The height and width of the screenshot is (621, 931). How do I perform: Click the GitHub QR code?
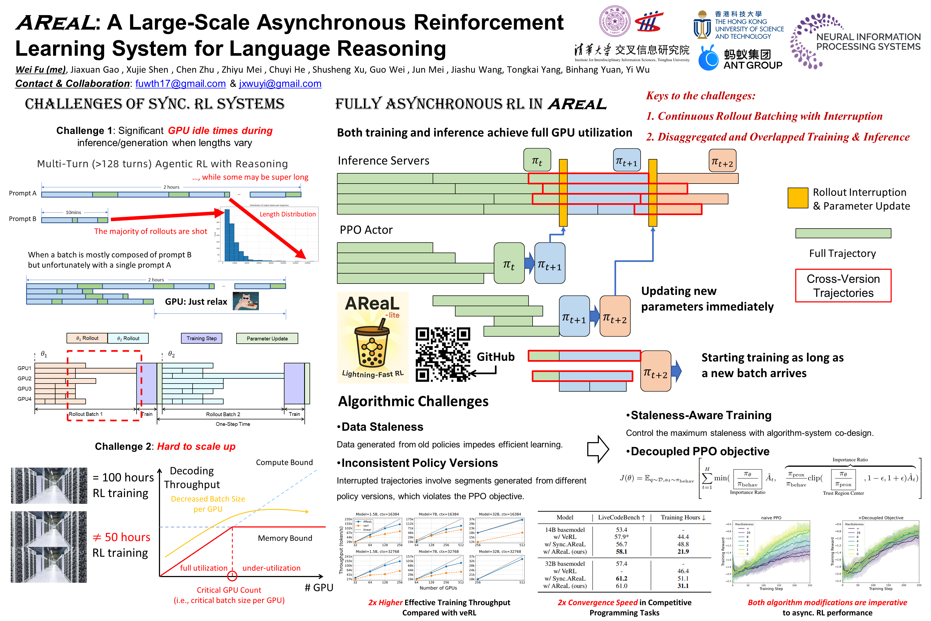[x=443, y=354]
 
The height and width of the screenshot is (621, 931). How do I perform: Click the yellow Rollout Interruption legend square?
[x=797, y=198]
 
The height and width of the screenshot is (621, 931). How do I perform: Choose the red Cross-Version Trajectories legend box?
[x=843, y=285]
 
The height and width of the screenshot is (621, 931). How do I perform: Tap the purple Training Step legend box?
[x=202, y=338]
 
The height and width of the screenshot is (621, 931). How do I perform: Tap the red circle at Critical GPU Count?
[x=232, y=576]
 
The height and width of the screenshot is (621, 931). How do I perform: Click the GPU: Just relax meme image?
[x=245, y=301]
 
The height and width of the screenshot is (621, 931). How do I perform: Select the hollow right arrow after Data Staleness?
[x=598, y=449]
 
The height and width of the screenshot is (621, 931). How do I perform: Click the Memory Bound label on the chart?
[x=285, y=538]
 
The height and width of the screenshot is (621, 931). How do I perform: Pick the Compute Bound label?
[x=284, y=462]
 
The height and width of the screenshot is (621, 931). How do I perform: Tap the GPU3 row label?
[x=25, y=388]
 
